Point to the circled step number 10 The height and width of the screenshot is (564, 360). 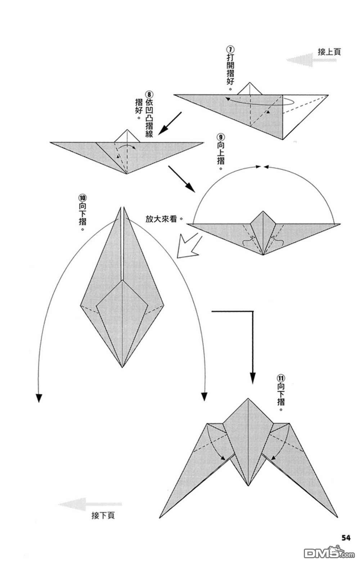tap(82, 198)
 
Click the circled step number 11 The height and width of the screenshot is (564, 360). tap(281, 378)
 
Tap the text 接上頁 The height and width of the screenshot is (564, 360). tap(329, 51)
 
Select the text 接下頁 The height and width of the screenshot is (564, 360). tap(103, 515)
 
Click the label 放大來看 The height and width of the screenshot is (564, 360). tap(162, 219)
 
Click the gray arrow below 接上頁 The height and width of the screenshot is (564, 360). tap(311, 60)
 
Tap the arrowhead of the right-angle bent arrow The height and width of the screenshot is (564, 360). tap(253, 378)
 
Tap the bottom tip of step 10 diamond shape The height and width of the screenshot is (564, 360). tap(122, 367)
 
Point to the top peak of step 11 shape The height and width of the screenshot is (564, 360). tap(248, 399)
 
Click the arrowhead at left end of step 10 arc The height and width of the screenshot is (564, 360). tap(39, 398)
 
